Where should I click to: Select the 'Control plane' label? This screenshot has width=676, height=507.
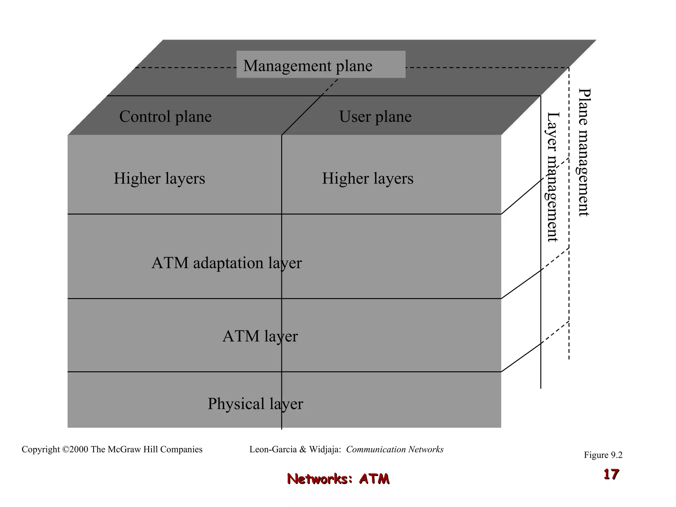click(165, 117)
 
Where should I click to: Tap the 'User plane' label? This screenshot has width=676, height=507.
click(375, 117)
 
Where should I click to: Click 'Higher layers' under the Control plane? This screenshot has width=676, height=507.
click(159, 179)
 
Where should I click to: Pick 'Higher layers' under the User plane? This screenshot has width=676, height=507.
click(367, 179)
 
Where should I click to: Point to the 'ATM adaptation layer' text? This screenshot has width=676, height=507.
click(226, 263)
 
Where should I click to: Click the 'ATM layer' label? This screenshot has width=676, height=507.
click(260, 336)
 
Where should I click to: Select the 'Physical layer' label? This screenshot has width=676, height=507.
click(255, 404)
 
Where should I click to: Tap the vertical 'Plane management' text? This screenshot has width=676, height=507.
click(584, 152)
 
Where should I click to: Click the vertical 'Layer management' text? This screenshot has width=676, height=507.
click(553, 177)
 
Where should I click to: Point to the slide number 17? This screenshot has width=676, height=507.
click(611, 474)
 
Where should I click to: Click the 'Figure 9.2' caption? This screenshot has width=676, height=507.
click(603, 455)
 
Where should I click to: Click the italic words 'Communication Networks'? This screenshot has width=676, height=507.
click(395, 450)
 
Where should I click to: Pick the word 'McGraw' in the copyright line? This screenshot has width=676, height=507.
click(124, 450)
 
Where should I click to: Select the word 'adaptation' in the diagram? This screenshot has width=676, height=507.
click(228, 263)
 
